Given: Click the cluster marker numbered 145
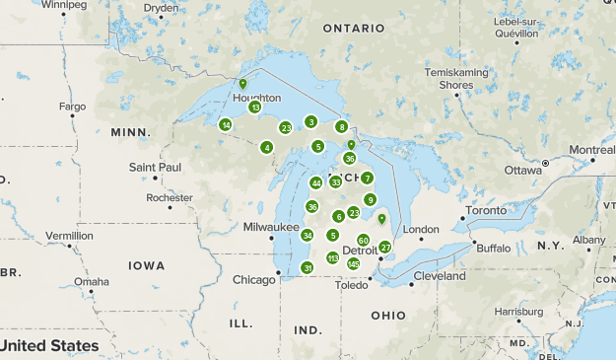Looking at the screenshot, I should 353,263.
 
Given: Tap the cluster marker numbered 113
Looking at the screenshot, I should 332,257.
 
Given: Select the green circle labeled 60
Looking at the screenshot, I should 363,240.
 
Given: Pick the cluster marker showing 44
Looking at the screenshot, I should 315,183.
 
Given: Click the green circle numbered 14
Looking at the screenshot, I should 226,125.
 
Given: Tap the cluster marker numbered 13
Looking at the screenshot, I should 254,107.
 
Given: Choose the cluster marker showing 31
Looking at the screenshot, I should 308,267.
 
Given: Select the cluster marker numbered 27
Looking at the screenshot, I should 385,247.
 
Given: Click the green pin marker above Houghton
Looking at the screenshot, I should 242,85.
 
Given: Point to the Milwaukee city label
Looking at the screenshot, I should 271,227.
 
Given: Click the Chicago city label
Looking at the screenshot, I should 254,280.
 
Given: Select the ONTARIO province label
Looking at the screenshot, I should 351,29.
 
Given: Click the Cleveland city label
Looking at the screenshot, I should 439,276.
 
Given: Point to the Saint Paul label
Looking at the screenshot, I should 156,167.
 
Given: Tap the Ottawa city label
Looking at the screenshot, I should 523,170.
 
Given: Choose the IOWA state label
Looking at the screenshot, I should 146,265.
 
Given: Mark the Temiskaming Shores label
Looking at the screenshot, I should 456,79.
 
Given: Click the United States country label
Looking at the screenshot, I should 49,346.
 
